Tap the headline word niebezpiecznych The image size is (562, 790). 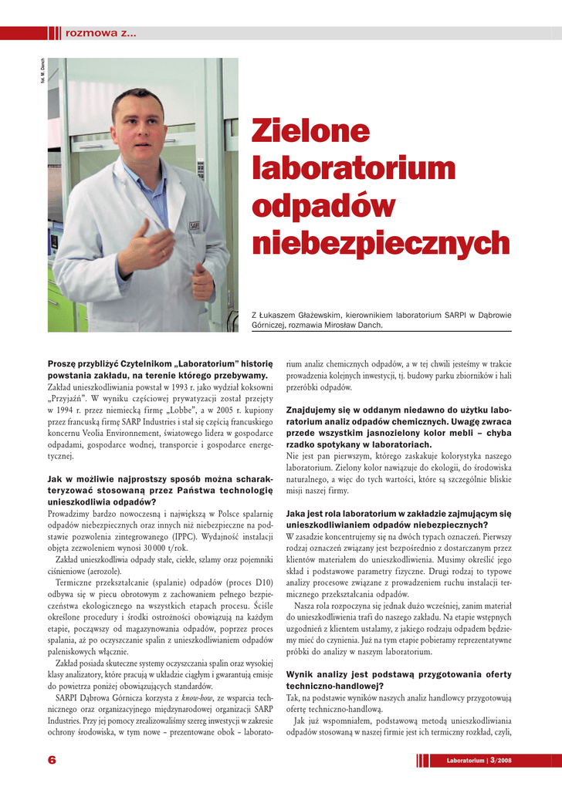381,243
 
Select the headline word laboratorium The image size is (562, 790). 354,169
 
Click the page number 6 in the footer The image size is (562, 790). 52,760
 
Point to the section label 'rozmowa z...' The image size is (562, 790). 101,32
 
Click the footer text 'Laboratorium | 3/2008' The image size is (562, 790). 478,761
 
